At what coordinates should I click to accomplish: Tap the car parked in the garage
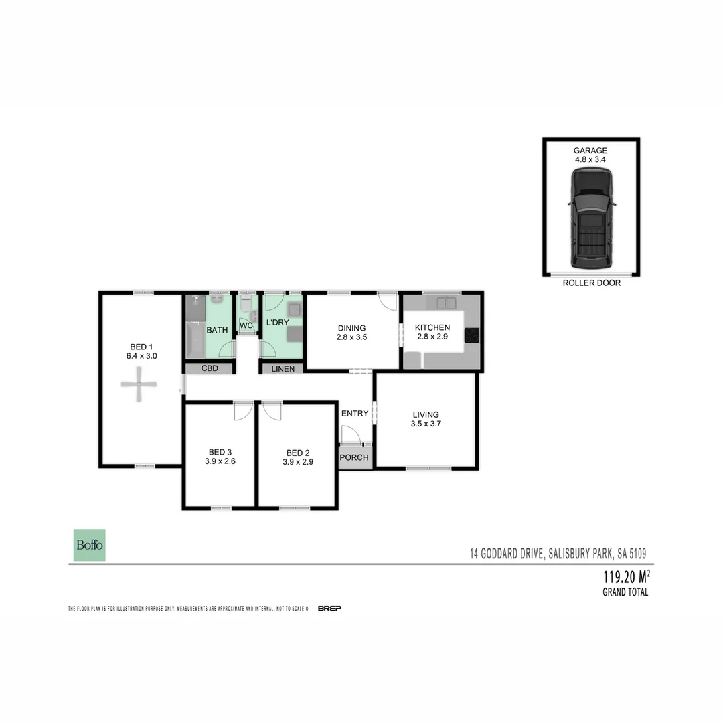[591, 217]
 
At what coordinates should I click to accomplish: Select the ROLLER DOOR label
[591, 283]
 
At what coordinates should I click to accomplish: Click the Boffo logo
[89, 545]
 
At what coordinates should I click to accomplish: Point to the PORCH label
[354, 458]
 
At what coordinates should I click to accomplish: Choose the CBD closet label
[210, 368]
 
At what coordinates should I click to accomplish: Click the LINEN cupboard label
[283, 368]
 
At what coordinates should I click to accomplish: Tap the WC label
[246, 326]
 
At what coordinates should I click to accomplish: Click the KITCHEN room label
[432, 327]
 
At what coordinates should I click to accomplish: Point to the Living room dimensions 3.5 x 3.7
[426, 424]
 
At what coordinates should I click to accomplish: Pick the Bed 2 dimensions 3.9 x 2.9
[297, 461]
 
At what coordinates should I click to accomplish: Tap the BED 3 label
[220, 451]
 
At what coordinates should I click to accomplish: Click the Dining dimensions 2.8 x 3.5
[351, 338]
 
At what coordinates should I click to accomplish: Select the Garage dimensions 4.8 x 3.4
[590, 161]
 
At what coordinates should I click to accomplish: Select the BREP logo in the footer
[329, 608]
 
